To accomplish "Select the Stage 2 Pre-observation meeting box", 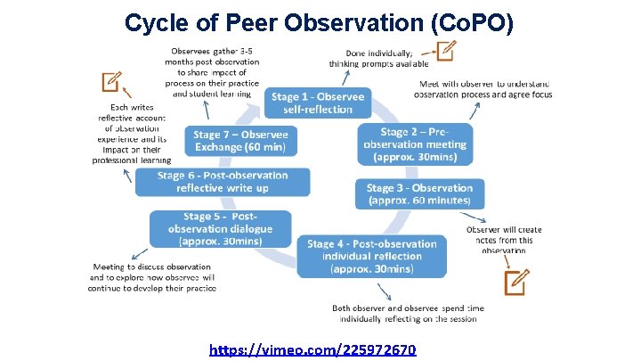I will click(413, 144).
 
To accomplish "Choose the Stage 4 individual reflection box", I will click(372, 255).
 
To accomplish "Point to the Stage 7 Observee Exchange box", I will click(240, 141).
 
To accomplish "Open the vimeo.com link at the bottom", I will click(312, 349).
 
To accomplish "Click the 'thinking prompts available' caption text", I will click(377, 63).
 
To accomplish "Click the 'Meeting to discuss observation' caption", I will click(152, 266).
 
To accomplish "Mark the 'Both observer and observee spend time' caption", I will click(404, 308).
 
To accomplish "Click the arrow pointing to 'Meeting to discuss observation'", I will click(135, 251).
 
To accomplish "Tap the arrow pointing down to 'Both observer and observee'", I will click(383, 291).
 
